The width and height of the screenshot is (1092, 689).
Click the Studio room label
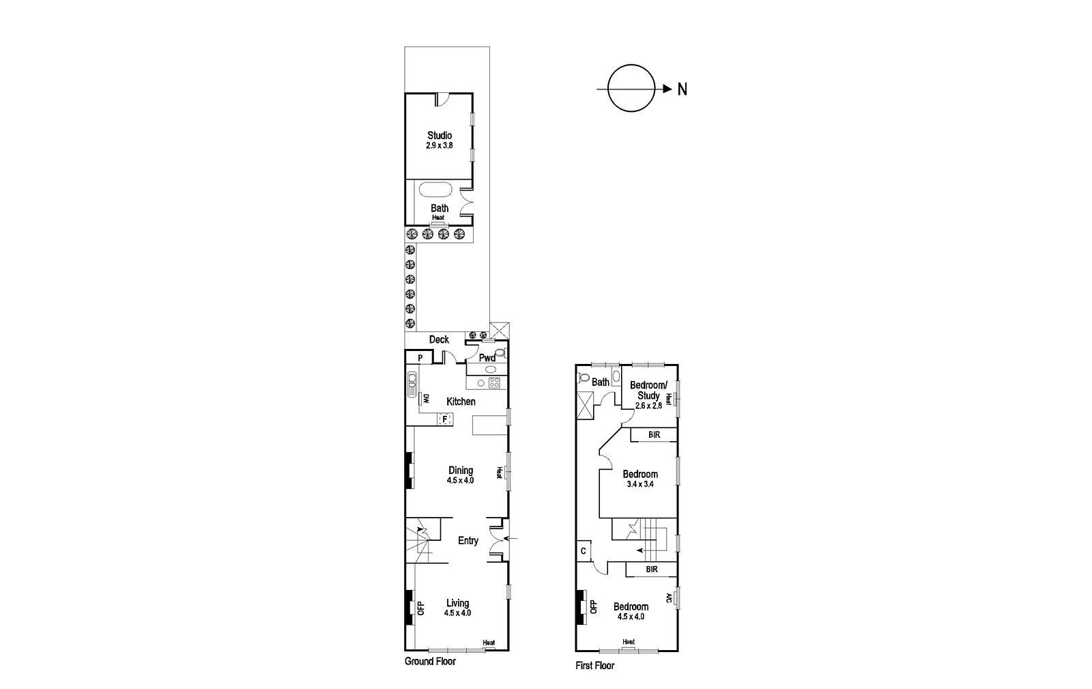point(440,136)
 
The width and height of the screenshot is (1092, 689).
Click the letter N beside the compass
point(682,89)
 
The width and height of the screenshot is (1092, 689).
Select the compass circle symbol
point(631,89)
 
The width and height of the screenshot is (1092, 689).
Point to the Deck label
point(439,339)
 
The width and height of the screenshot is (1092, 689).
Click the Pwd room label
point(487,358)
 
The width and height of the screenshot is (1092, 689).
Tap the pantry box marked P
point(420,358)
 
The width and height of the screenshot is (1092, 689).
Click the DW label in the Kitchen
point(425,399)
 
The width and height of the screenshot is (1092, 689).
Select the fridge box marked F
point(445,419)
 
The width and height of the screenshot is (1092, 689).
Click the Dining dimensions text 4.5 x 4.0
point(460,480)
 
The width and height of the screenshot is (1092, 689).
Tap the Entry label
point(468,541)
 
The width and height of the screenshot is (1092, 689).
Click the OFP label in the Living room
point(420,607)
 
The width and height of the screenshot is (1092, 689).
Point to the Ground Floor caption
point(430,661)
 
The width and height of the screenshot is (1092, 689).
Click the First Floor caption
point(594,666)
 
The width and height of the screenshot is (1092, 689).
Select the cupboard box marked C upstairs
point(584,551)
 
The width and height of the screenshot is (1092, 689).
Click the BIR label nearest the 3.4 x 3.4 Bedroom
point(654,434)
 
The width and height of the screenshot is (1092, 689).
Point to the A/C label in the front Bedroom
point(669,598)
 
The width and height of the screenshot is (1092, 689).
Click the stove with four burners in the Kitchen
point(494,382)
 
